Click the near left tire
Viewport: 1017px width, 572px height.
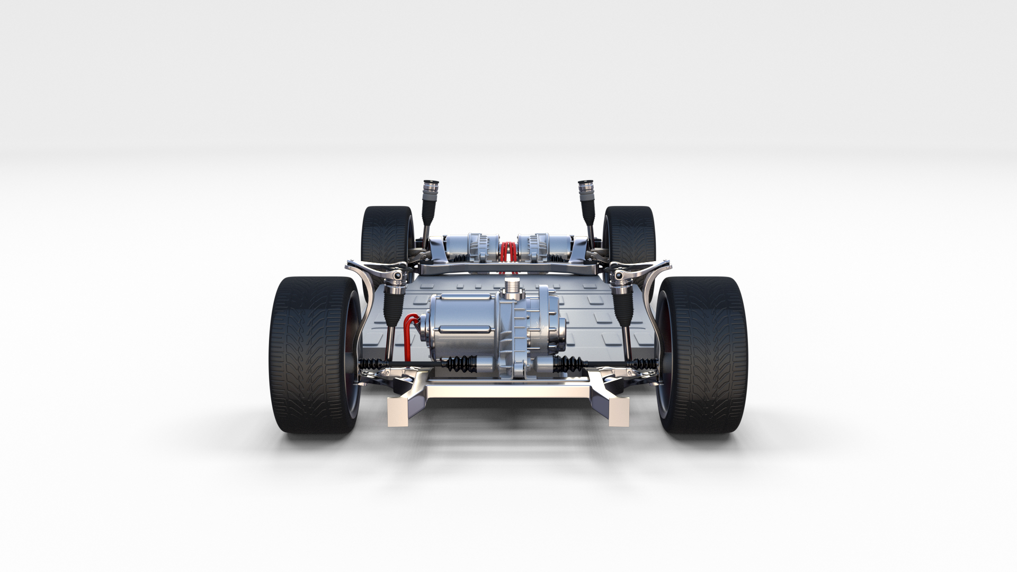[313, 355]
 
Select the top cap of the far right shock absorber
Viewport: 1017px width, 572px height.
[585, 186]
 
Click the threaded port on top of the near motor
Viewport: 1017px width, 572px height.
[511, 287]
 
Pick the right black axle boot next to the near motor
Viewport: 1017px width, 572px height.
[567, 364]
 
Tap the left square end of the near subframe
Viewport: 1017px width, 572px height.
[398, 411]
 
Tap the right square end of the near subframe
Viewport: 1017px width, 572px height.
[619, 411]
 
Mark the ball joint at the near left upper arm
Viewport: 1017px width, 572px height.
[397, 276]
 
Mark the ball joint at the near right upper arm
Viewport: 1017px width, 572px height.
[618, 276]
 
